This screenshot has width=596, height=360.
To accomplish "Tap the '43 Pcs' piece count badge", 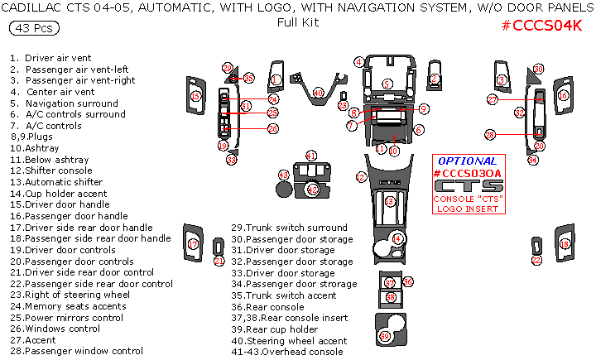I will pyautogui.click(x=31, y=28).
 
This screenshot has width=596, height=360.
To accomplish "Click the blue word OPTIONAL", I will pyautogui.click(x=468, y=161).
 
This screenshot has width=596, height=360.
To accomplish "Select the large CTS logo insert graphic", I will pyautogui.click(x=469, y=186).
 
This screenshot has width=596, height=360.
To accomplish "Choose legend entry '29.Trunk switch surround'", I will pyautogui.click(x=289, y=228).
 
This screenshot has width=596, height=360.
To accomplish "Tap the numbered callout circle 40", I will pyautogui.click(x=319, y=93).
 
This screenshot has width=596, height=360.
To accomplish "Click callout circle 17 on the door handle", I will pyautogui.click(x=193, y=245).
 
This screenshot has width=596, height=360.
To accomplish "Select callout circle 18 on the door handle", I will pyautogui.click(x=565, y=244).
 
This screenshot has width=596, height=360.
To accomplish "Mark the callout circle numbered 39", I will pyautogui.click(x=384, y=335).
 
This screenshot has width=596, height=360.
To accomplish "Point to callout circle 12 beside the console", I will pyautogui.click(x=361, y=177).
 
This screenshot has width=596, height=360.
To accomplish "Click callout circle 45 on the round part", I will pyautogui.click(x=283, y=175).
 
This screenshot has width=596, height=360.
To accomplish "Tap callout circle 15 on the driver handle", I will pyautogui.click(x=195, y=97).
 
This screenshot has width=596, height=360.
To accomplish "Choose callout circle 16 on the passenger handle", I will pyautogui.click(x=562, y=96).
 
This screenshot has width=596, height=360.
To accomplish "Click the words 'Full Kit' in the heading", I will pyautogui.click(x=298, y=22).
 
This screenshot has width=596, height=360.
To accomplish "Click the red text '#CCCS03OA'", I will pyautogui.click(x=468, y=172).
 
